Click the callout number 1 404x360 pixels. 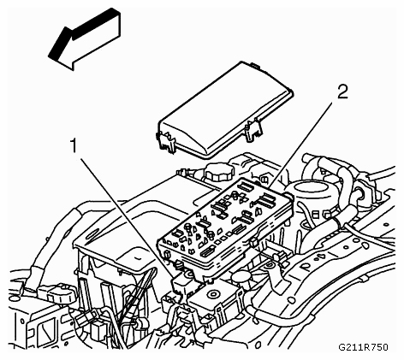click(74, 145)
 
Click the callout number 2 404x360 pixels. click(343, 92)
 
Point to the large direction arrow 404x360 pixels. click(85, 38)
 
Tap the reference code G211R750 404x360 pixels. click(363, 347)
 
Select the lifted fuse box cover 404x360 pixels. click(225, 109)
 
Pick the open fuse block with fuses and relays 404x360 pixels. click(227, 228)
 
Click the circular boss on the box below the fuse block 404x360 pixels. click(212, 294)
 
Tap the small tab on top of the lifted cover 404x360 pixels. click(256, 66)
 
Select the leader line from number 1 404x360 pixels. click(128, 217)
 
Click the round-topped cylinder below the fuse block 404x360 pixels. click(241, 279)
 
